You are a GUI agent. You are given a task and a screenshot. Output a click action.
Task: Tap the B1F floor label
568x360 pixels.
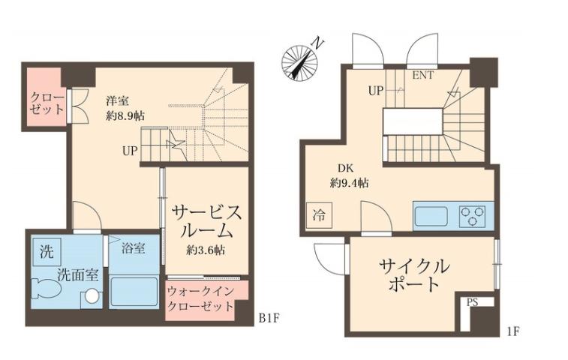pyautogui.click(x=269, y=318)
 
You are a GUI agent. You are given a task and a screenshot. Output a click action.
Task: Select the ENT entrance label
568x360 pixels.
pyautogui.click(x=422, y=76)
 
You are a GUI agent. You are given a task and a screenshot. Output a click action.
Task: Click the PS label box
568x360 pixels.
pyautogui.click(x=472, y=302)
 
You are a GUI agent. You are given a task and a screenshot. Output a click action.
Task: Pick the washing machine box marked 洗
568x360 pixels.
pyautogui.click(x=44, y=250)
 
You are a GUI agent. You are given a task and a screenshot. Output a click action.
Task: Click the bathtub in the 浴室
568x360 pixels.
pyautogui.click(x=134, y=291)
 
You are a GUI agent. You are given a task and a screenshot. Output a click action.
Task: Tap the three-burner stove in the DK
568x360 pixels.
pyautogui.click(x=472, y=215)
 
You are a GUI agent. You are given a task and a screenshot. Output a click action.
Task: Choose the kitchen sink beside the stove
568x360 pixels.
pyautogui.click(x=431, y=216)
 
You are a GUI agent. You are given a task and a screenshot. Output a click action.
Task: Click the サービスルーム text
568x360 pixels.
pyautogui.click(x=205, y=220)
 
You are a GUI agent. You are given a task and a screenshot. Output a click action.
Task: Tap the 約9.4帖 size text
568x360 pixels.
pyautogui.click(x=349, y=182)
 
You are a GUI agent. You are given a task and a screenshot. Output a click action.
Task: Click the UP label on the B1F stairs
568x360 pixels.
pyautogui.click(x=130, y=151)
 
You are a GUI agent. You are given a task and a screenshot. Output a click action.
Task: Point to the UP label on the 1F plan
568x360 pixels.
pyautogui.click(x=376, y=91)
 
